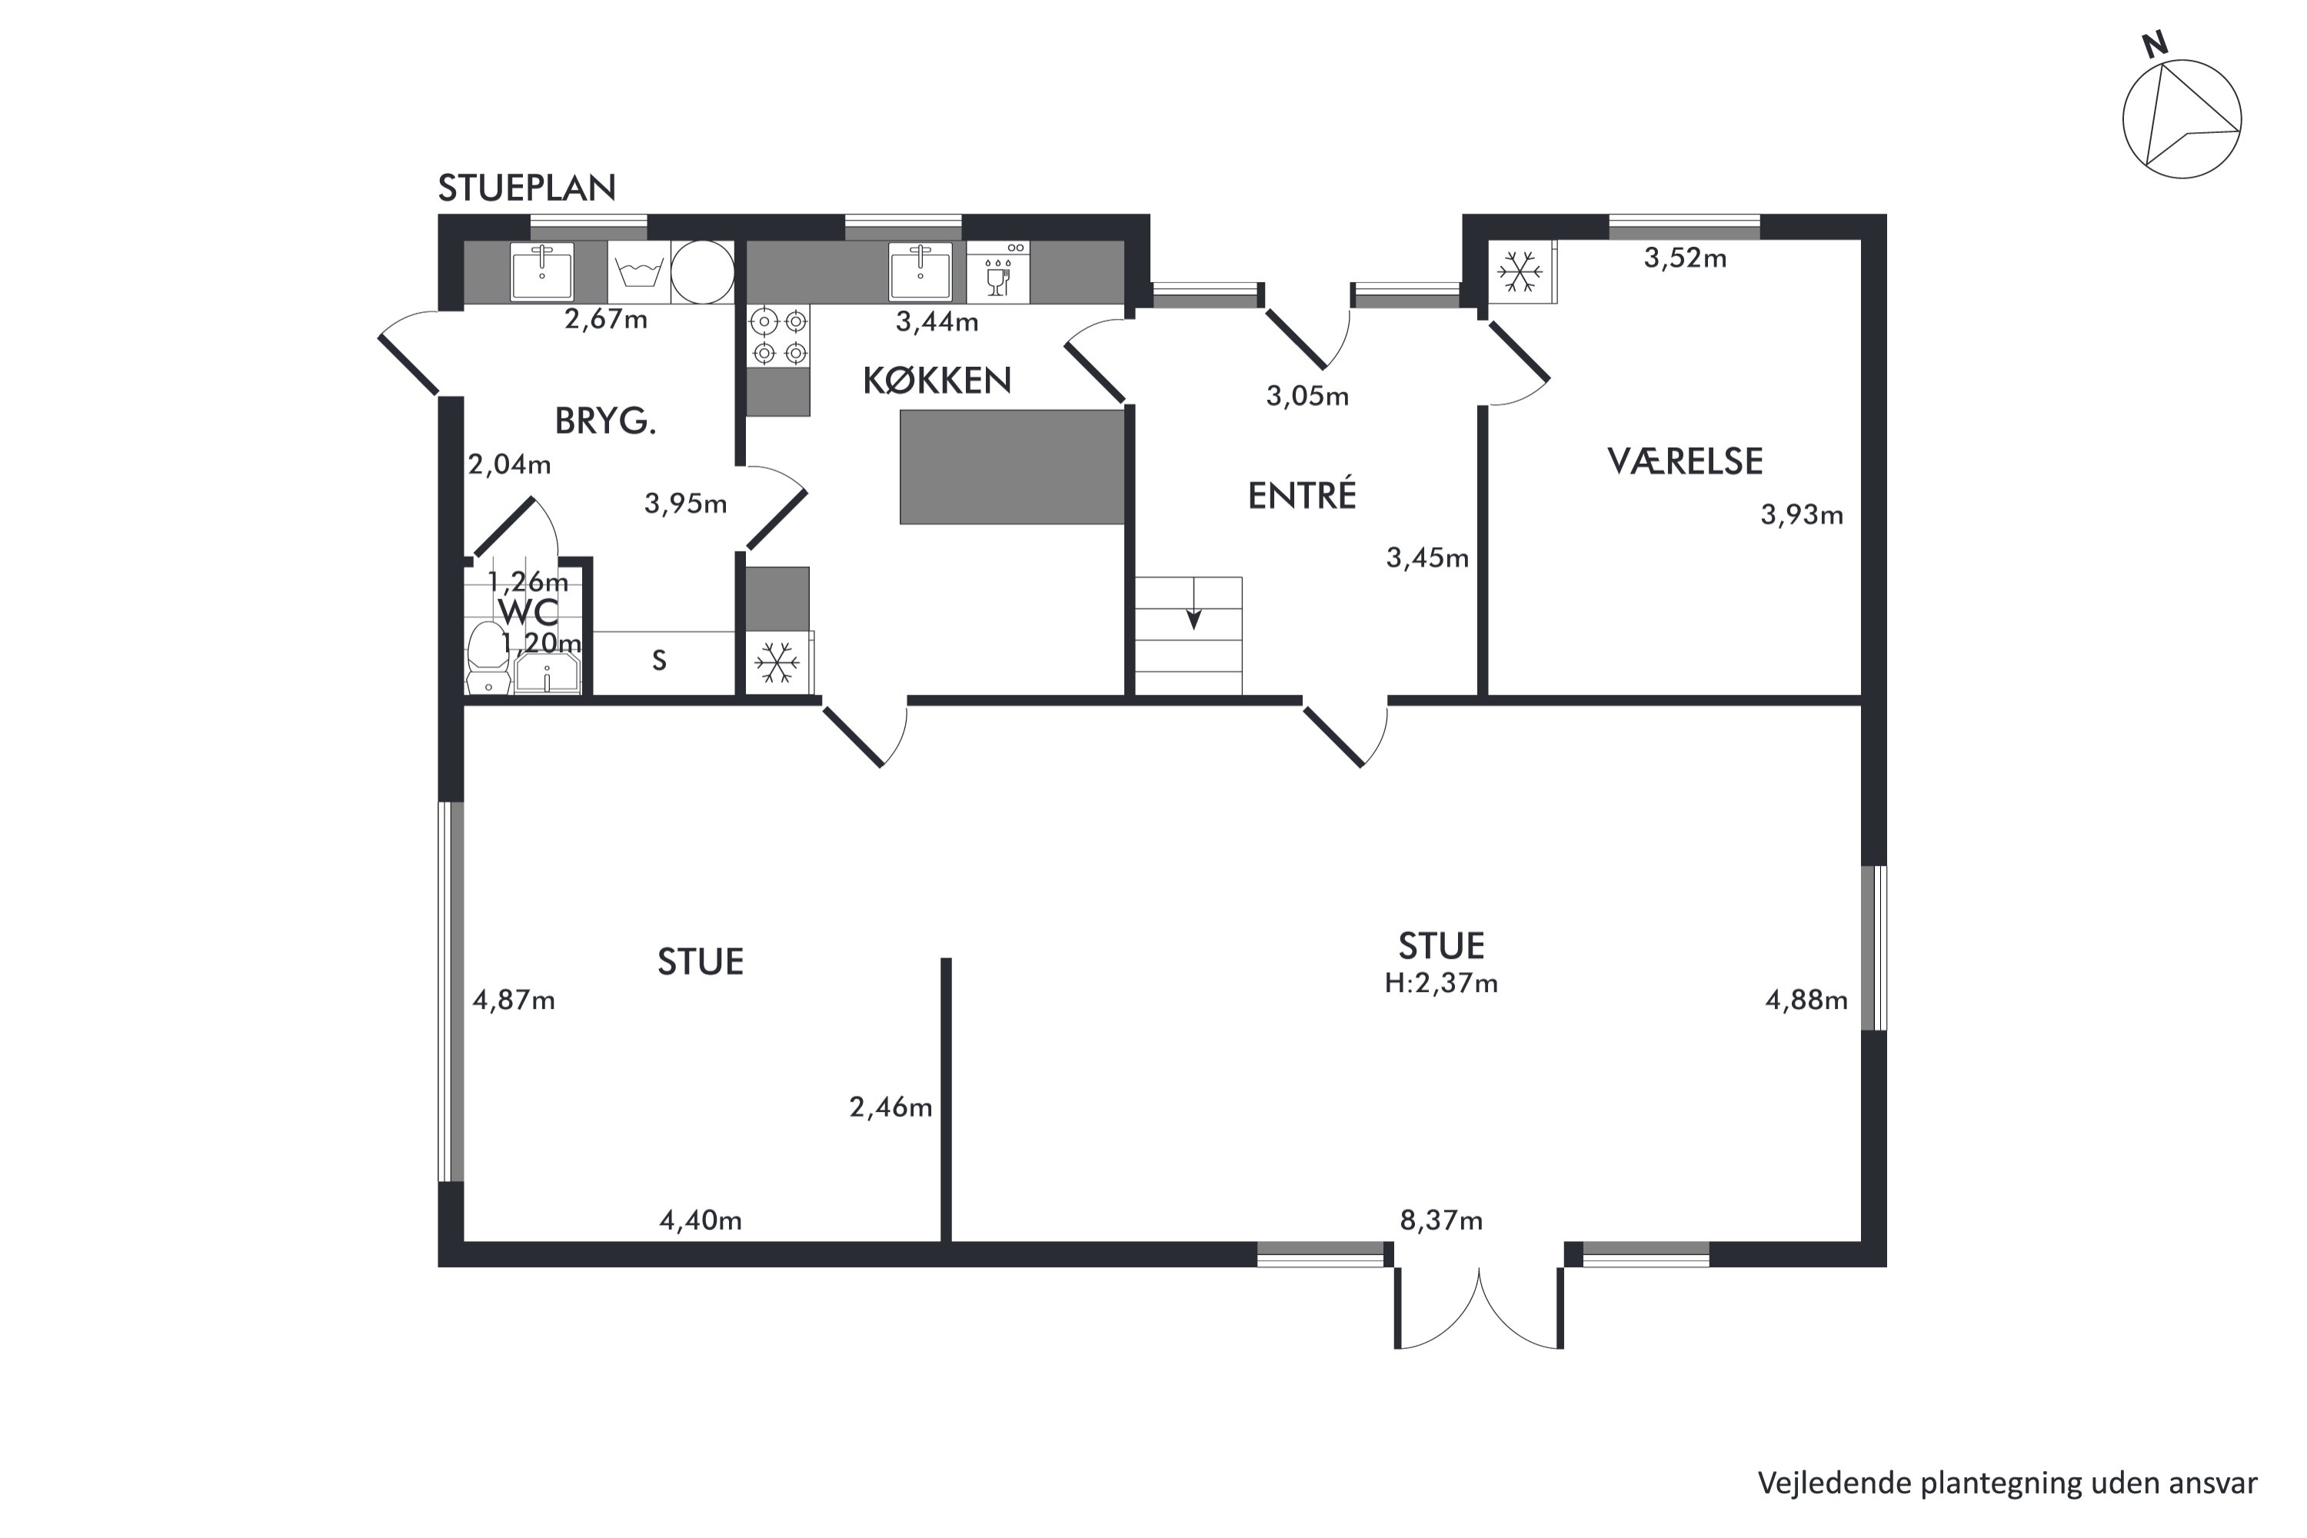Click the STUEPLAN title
click(527, 188)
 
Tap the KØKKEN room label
click(937, 381)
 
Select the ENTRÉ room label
click(1302, 494)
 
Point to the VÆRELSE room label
click(1684, 461)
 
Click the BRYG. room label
click(605, 421)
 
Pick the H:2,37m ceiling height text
click(1441, 983)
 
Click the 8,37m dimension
click(1441, 1220)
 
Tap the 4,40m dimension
click(701, 1220)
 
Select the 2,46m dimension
click(891, 1107)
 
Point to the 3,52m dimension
click(1685, 258)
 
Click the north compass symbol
click(2182, 114)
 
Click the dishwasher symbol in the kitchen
click(997, 271)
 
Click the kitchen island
click(1012, 467)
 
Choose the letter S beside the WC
click(659, 661)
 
